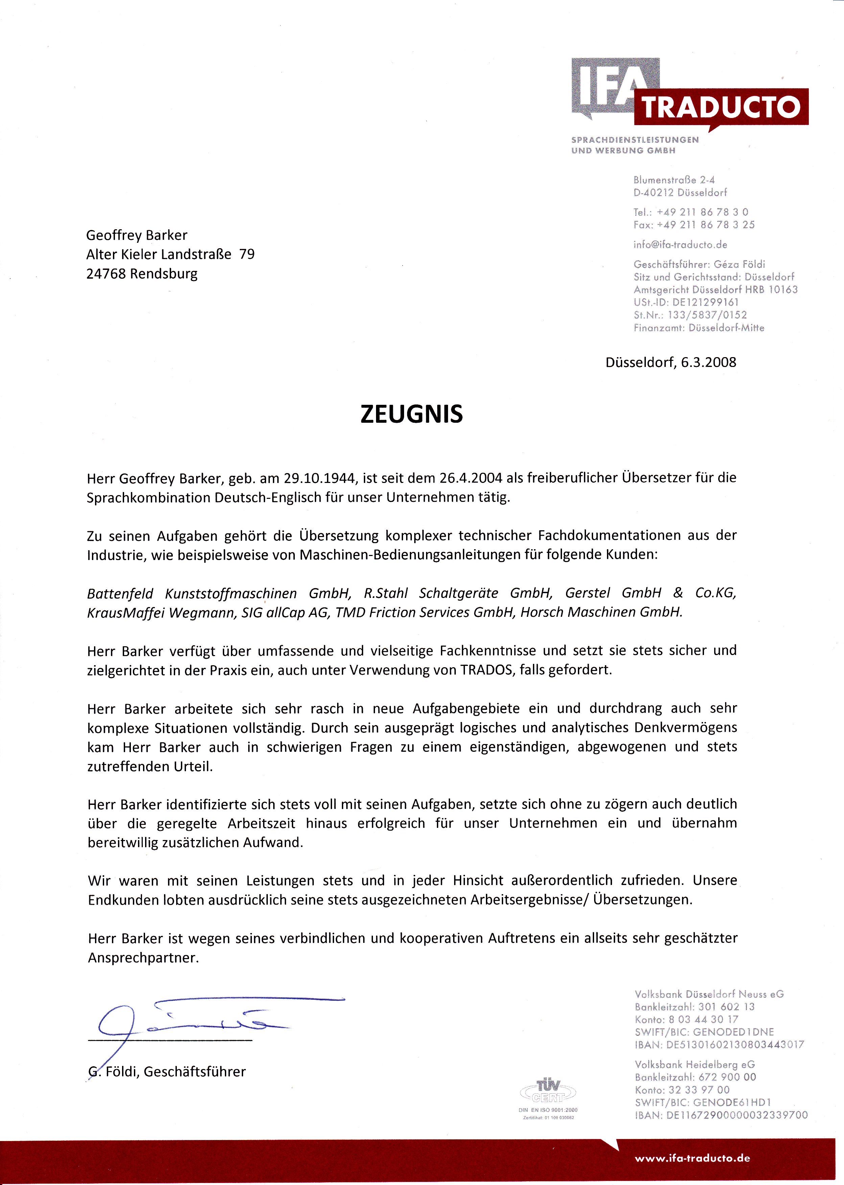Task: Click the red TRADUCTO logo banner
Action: [721, 107]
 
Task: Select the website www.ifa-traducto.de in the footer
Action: [692, 1158]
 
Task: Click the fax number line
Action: [694, 225]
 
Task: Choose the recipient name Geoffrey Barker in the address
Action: [137, 235]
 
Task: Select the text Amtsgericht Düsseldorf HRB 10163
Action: [715, 289]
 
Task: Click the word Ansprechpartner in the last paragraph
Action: [143, 958]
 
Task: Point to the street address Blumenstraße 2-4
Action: [674, 180]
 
